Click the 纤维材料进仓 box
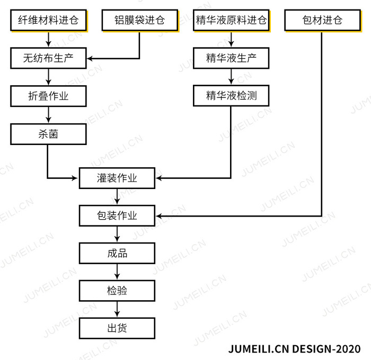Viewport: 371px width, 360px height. (x=49, y=20)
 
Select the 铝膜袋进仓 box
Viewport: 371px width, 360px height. (x=140, y=20)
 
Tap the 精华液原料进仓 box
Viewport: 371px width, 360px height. (x=231, y=20)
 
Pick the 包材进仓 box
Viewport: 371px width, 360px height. (x=322, y=20)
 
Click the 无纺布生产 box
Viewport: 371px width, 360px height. (x=49, y=58)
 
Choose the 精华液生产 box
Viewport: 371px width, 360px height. (x=231, y=58)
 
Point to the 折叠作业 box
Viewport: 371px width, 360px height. (x=49, y=96)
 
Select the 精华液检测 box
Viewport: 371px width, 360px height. (x=231, y=95)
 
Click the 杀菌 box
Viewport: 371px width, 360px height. (x=49, y=134)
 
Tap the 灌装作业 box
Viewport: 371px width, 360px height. (x=117, y=178)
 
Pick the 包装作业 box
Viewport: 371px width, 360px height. (x=117, y=215)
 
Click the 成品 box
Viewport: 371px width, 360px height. (x=117, y=253)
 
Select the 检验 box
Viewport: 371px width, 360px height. (x=117, y=291)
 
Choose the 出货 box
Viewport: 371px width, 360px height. (x=117, y=328)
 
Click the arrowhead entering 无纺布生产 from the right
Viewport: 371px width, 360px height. (x=90, y=58)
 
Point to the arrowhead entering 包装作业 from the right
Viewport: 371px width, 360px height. (x=159, y=216)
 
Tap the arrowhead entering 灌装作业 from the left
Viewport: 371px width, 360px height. (x=75, y=178)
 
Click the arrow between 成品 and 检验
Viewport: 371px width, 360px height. (x=117, y=272)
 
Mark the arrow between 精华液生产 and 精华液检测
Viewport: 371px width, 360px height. (x=231, y=77)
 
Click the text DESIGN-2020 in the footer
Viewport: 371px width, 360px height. (x=326, y=349)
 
